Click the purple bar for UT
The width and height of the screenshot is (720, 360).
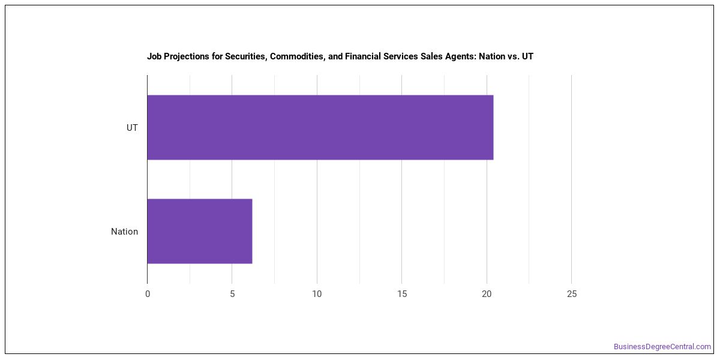(x=320, y=127)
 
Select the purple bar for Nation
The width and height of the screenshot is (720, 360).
(x=200, y=231)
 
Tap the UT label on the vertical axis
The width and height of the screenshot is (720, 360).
(x=132, y=128)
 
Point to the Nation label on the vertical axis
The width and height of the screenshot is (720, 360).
(x=124, y=232)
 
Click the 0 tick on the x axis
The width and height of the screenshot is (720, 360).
(x=148, y=294)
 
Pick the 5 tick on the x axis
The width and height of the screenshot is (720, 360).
(x=232, y=294)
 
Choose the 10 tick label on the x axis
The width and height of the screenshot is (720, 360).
(x=317, y=294)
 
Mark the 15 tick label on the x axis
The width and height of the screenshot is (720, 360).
(x=402, y=294)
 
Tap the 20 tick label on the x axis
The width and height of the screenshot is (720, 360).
(x=487, y=294)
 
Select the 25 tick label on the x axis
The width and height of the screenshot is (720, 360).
(x=571, y=294)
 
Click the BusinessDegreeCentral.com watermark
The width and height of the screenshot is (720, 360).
(x=662, y=347)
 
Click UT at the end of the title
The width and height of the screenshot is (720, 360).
(x=527, y=56)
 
